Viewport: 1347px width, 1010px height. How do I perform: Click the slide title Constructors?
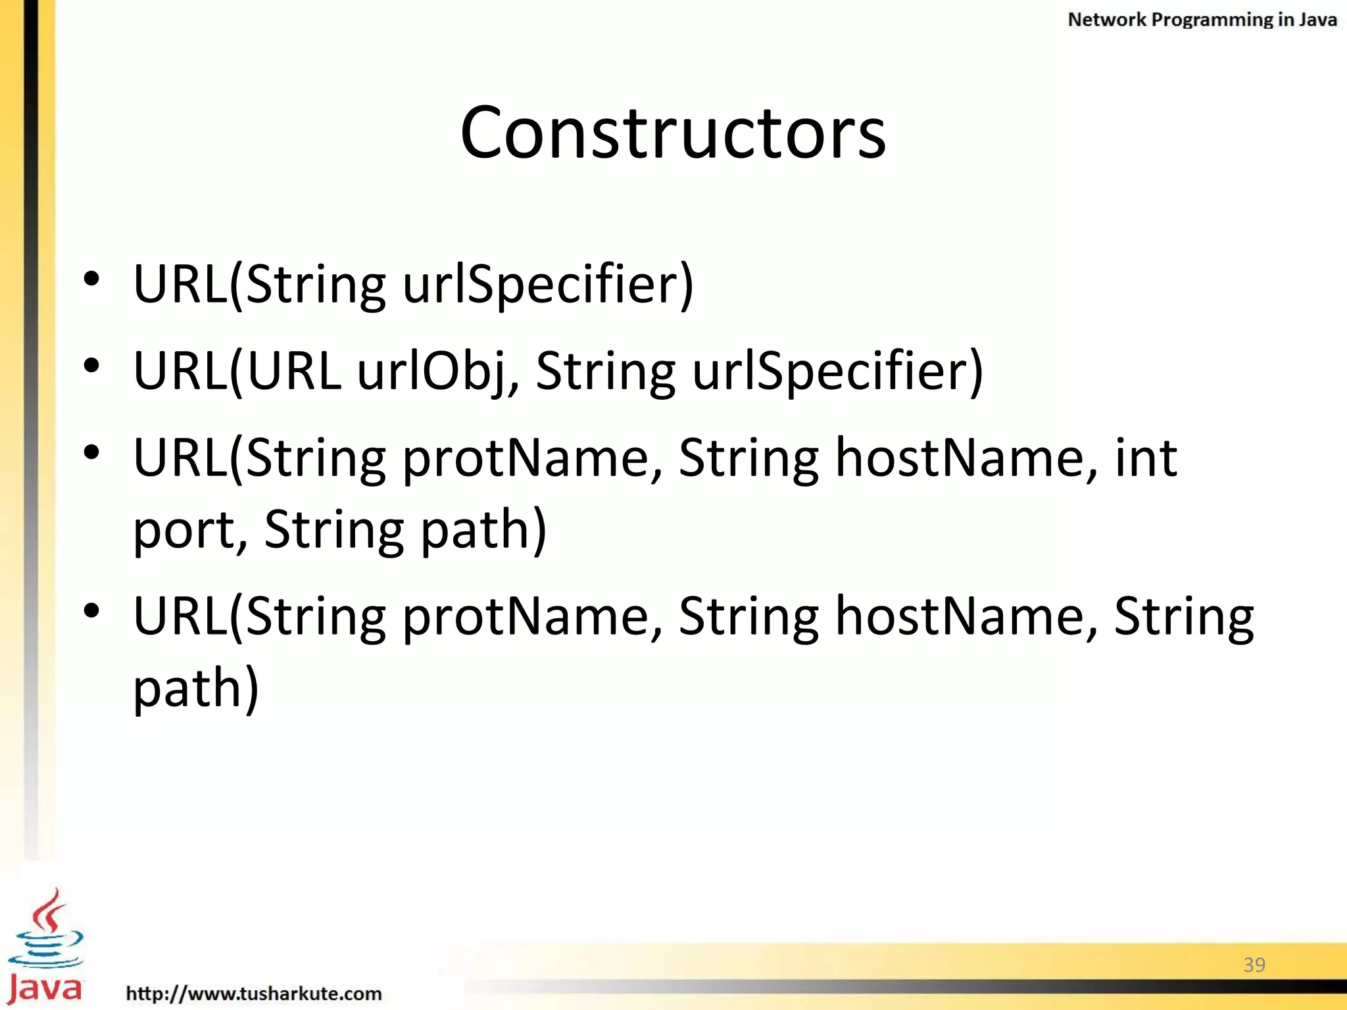tap(673, 133)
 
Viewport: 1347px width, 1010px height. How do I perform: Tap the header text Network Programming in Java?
tap(1202, 20)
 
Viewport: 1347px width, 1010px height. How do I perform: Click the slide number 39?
tap(1254, 965)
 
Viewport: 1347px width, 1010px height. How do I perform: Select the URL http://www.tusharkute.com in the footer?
tap(254, 993)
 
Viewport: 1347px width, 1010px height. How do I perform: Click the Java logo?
tap(45, 947)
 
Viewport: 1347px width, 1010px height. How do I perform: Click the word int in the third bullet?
tap(1146, 458)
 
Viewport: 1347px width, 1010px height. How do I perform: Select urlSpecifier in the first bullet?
tap(548, 285)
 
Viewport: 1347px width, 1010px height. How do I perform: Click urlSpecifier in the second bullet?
tap(838, 372)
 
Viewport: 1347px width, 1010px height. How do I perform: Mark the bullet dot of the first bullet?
tap(91, 279)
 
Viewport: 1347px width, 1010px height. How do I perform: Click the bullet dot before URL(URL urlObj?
tap(91, 366)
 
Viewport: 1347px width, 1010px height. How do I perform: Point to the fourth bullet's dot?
tap(91, 611)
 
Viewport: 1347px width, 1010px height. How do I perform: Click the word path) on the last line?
tap(196, 688)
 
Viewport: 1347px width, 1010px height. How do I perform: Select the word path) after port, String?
tap(483, 530)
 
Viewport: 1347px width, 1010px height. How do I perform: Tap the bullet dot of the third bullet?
tap(91, 452)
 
